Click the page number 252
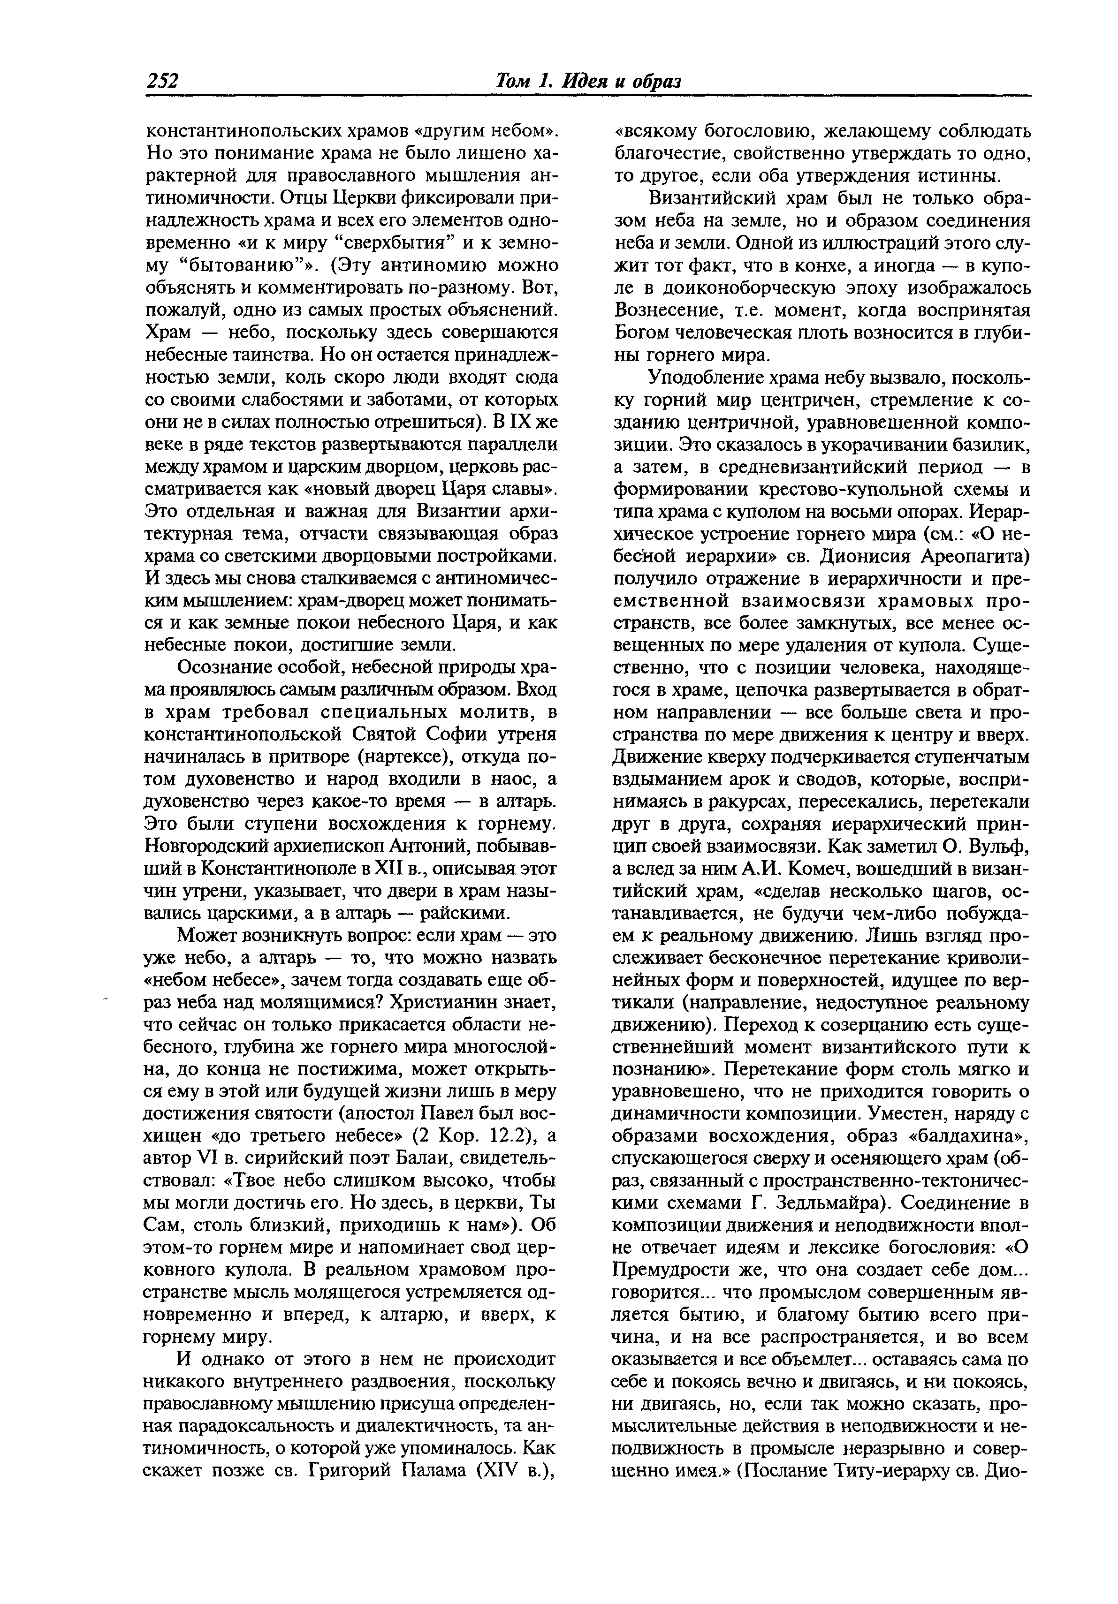pyautogui.click(x=163, y=81)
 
